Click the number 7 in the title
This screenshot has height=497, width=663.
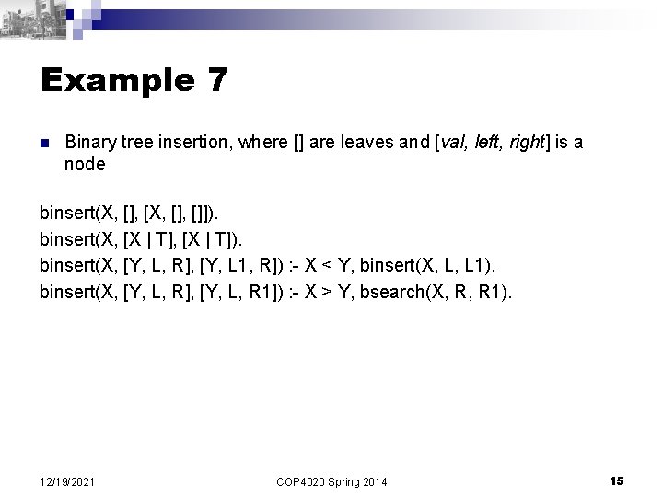click(216, 81)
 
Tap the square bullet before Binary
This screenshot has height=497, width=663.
click(44, 144)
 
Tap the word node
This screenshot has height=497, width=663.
click(85, 165)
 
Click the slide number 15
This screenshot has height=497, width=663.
click(617, 480)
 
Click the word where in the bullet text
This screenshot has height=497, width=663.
click(261, 143)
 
